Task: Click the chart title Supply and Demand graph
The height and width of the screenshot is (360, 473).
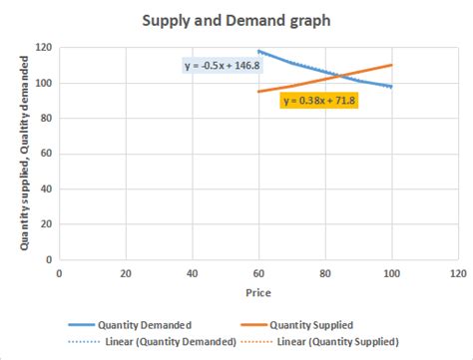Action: point(236,20)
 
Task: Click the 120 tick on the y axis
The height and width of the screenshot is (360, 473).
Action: point(44,48)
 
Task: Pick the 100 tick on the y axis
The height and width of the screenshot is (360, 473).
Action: point(44,83)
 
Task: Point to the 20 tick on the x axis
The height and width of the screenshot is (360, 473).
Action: point(126,272)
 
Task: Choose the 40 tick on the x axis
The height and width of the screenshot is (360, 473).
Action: point(193,272)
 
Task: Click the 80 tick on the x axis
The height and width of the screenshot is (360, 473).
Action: point(326,272)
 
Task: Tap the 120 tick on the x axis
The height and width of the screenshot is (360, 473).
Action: point(458,272)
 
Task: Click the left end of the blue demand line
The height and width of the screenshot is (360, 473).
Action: point(259,51)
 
